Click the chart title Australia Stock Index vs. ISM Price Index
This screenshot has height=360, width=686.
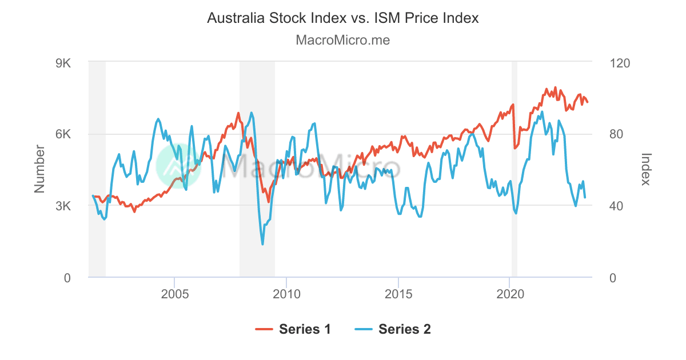pos(342,18)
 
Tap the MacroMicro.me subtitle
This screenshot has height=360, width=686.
pos(342,40)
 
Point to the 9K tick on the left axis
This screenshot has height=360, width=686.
pos(62,63)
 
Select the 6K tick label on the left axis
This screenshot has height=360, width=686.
pos(62,134)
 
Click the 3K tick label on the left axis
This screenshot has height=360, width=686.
pos(62,206)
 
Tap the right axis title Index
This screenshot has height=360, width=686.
pos(646,169)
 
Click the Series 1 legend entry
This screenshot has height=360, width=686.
pos(293,329)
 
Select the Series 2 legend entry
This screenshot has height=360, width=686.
pos(393,329)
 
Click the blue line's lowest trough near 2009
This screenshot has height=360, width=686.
pos(262,244)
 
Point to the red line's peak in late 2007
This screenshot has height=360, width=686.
pos(238,113)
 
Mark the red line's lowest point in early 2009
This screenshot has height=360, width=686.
pos(268,201)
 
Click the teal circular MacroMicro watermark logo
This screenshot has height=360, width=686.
pos(180,166)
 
